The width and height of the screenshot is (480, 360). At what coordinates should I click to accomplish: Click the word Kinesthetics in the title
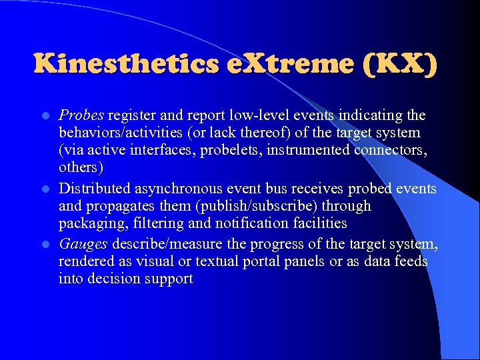[125, 64]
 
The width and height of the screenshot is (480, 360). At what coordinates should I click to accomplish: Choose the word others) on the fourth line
[81, 167]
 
